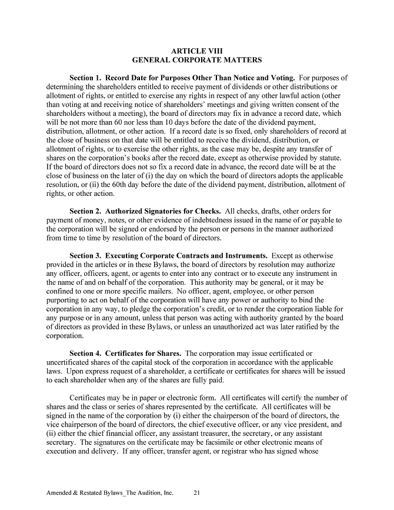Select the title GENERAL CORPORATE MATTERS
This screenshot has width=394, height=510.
(x=196, y=60)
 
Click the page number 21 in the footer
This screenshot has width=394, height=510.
(x=198, y=493)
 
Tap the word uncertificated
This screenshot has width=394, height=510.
(x=68, y=362)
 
